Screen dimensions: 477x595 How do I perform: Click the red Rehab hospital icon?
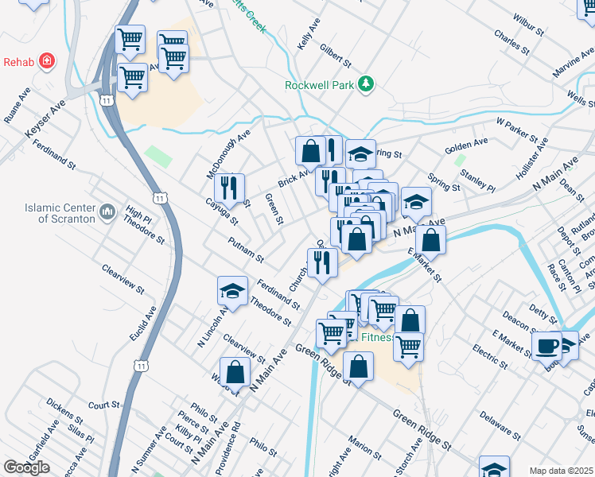tap(47, 61)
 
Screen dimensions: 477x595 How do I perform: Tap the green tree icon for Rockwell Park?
tap(365, 84)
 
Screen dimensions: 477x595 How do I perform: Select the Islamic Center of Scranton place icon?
tap(108, 212)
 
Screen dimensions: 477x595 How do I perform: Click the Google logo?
tap(26, 467)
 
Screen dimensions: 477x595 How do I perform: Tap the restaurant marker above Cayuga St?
tap(228, 187)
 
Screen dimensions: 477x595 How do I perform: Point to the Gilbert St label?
tap(335, 55)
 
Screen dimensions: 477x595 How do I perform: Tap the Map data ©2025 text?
tap(560, 471)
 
